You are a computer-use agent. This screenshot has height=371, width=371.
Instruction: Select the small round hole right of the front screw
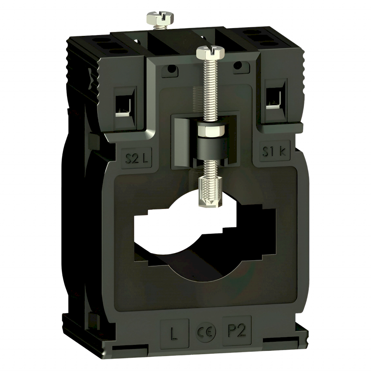tap(238, 65)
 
